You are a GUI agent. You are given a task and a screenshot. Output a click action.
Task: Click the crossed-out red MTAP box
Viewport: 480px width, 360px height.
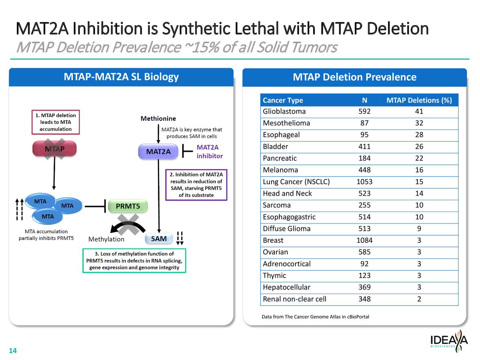(55, 149)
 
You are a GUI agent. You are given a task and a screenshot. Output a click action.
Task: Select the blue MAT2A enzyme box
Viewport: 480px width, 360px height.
(158, 151)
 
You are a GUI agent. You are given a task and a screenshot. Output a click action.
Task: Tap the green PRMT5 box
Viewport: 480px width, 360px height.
(128, 206)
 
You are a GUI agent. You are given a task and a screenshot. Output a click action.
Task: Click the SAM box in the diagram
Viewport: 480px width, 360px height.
(159, 239)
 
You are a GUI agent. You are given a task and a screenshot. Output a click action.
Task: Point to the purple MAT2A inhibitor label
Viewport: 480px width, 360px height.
(209, 151)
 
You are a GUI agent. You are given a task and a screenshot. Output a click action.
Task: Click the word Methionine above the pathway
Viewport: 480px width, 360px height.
(158, 118)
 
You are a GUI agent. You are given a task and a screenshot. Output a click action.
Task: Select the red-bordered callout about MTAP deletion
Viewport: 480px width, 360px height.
(55, 122)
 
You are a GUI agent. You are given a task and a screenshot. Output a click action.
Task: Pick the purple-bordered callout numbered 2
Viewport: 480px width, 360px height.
(196, 185)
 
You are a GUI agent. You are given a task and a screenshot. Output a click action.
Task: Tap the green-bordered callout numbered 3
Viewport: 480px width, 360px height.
(134, 261)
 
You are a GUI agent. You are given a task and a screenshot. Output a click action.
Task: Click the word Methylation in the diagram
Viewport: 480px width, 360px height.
(106, 239)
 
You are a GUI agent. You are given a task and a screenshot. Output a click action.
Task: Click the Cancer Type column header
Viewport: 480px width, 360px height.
(283, 100)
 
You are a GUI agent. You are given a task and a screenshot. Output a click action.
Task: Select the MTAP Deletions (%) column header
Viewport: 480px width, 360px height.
(419, 100)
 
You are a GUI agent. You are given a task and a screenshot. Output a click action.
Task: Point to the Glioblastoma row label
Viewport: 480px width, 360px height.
(284, 111)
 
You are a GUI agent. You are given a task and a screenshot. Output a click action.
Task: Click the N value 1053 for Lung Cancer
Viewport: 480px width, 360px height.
(364, 182)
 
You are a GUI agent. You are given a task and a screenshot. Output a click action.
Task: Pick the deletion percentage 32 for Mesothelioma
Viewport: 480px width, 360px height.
(419, 123)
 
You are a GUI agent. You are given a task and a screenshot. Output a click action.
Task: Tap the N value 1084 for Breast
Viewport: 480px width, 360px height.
(364, 240)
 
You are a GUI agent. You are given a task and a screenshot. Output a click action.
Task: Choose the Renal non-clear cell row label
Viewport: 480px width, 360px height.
(294, 299)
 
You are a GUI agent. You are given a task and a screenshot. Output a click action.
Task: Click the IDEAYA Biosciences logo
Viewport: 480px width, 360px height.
(448, 341)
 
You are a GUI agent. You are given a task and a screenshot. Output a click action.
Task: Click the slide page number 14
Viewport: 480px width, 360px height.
(13, 351)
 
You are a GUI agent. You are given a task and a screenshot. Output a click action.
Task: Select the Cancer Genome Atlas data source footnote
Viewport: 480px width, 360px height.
(315, 317)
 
